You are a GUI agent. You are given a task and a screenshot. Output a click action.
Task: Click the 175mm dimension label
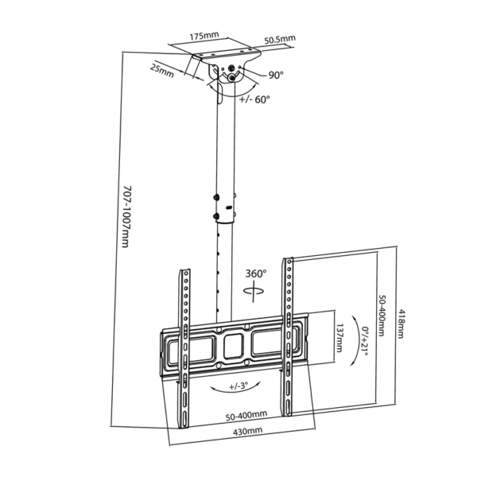(204, 36)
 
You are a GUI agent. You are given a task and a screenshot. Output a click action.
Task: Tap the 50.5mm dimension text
(280, 39)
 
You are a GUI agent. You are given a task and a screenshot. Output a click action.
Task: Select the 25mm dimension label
(162, 72)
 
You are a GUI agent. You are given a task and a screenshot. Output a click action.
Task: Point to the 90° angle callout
(276, 75)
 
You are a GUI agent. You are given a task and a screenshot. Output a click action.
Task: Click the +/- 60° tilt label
(254, 99)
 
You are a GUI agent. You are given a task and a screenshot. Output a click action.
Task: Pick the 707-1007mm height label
(126, 216)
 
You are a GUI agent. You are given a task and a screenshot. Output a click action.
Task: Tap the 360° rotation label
(256, 273)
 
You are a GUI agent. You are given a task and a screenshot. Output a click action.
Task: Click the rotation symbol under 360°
(254, 292)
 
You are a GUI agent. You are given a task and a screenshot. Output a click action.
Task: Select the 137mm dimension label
(339, 338)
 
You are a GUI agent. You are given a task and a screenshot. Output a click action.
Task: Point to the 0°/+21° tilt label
(365, 341)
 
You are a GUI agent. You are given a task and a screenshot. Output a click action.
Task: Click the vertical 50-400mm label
(382, 315)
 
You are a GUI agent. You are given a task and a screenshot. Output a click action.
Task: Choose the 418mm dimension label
(401, 324)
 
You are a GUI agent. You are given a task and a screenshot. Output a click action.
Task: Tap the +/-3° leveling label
(238, 386)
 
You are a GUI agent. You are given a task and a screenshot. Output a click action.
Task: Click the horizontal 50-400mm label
(246, 416)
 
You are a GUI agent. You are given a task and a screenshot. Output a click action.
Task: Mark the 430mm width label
(247, 431)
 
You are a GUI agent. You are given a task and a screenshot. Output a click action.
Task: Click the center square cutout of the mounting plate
(233, 346)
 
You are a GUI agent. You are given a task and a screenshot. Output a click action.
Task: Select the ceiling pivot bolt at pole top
(232, 77)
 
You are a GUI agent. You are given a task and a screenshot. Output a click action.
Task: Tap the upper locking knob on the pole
(216, 197)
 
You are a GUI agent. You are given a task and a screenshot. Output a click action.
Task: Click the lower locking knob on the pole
(216, 216)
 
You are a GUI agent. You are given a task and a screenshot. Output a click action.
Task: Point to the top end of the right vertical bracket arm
(288, 259)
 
